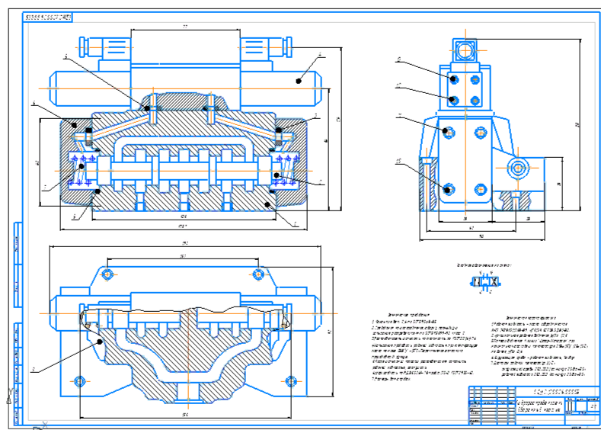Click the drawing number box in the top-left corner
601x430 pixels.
coord(49,16)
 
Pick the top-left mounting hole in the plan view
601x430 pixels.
coord(108,274)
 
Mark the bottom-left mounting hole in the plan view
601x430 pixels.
coord(80,380)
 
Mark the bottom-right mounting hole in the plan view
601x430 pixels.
coord(289,380)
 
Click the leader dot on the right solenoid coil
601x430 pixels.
coord(299,78)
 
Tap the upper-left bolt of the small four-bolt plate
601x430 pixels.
coord(455,79)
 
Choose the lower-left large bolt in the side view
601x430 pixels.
coord(449,188)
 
